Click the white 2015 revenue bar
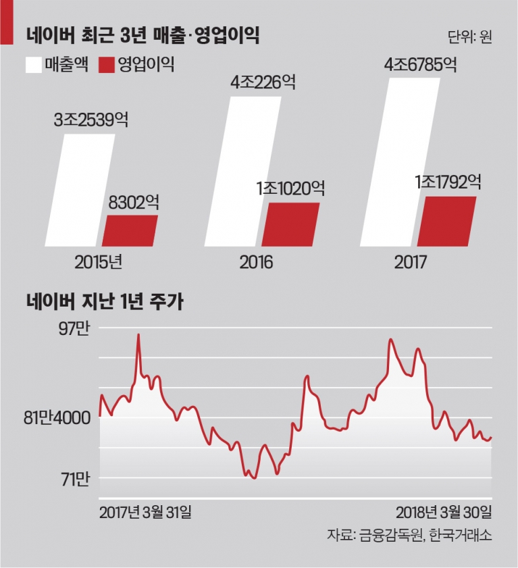[x=80, y=190]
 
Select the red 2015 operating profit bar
[x=130, y=231]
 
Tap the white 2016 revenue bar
[x=242, y=172]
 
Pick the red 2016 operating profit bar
[x=291, y=225]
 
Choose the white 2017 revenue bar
[x=400, y=162]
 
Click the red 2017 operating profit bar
[x=447, y=222]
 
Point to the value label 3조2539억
[x=91, y=120]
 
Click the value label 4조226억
[x=263, y=82]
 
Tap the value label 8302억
[x=134, y=202]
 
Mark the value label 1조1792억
[x=448, y=182]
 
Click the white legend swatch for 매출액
[x=34, y=66]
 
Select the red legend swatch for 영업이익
[x=107, y=66]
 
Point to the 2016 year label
[x=256, y=262]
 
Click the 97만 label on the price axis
[x=74, y=330]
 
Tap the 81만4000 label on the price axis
[x=57, y=418]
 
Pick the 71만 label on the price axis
[x=75, y=480]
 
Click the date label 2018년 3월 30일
[x=444, y=512]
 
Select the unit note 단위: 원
[x=470, y=36]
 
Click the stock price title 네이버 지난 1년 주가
[x=105, y=302]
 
